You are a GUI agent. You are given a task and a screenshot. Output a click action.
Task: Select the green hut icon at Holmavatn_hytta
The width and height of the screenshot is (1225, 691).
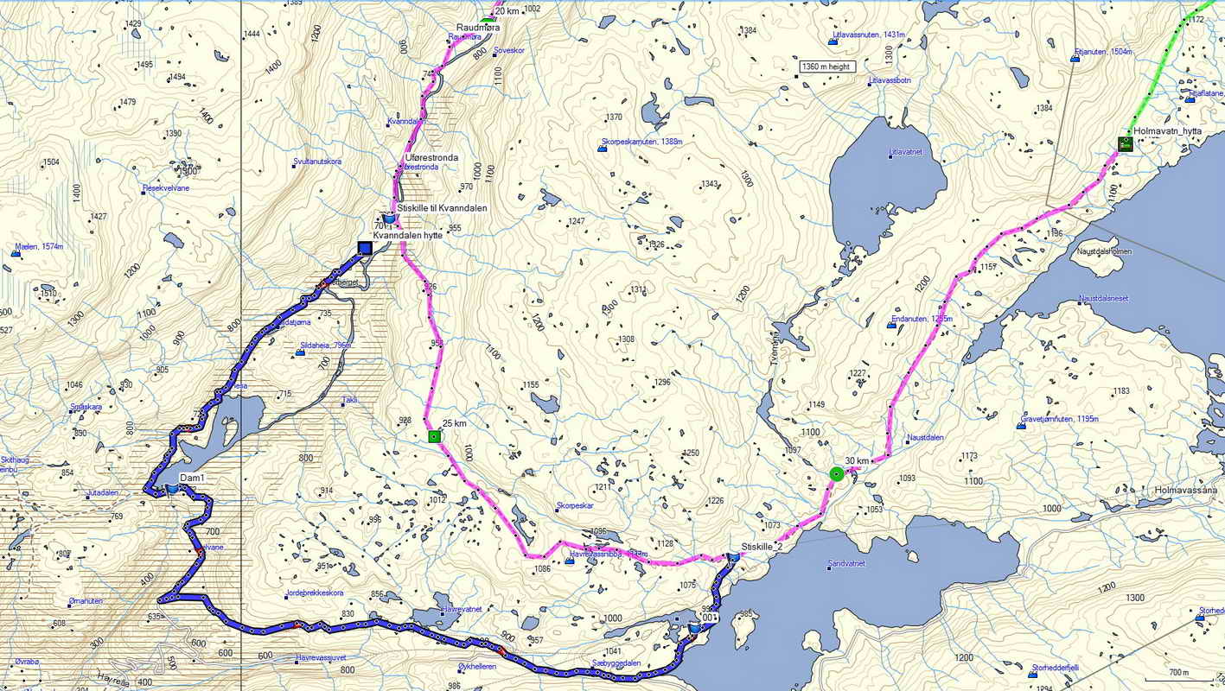tap(1125, 143)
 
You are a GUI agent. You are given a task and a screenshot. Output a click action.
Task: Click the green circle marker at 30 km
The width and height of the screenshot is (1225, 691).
tap(836, 473)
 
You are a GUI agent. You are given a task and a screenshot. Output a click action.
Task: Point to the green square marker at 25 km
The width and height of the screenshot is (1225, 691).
tap(434, 437)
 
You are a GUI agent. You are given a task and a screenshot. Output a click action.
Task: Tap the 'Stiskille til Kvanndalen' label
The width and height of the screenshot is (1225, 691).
tap(442, 208)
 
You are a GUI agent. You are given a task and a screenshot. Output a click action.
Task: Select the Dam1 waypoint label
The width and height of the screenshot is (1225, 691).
tap(192, 478)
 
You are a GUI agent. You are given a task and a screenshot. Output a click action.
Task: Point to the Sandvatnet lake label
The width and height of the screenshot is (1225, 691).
tap(845, 563)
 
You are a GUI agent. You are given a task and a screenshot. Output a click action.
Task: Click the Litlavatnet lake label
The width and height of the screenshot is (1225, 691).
tap(905, 152)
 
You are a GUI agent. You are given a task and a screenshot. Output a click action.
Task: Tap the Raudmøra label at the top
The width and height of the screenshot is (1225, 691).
tap(478, 28)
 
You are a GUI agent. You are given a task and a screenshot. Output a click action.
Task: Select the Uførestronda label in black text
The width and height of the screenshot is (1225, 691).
tap(431, 157)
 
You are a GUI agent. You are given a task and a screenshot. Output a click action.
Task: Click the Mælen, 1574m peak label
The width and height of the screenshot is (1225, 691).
tap(39, 247)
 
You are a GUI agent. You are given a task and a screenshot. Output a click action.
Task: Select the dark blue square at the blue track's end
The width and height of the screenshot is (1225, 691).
tap(364, 249)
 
